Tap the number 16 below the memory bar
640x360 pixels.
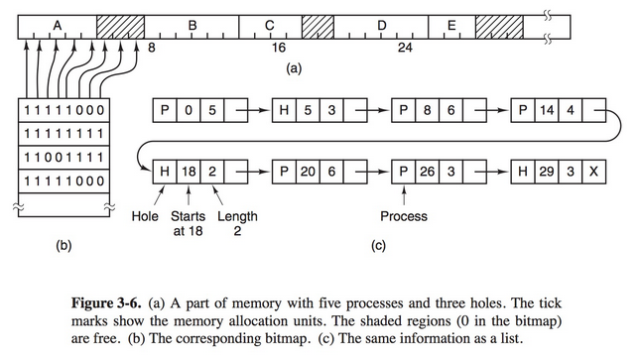click(279, 47)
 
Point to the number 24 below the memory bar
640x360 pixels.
click(405, 47)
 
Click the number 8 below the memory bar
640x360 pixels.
click(152, 47)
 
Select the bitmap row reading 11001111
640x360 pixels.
click(64, 157)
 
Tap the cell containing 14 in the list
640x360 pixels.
click(549, 108)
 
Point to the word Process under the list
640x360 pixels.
click(404, 216)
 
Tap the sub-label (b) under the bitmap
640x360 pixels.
click(64, 245)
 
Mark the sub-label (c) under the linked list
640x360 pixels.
click(377, 245)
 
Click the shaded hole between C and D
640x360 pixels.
click(317, 23)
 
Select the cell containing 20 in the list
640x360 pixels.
click(308, 172)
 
